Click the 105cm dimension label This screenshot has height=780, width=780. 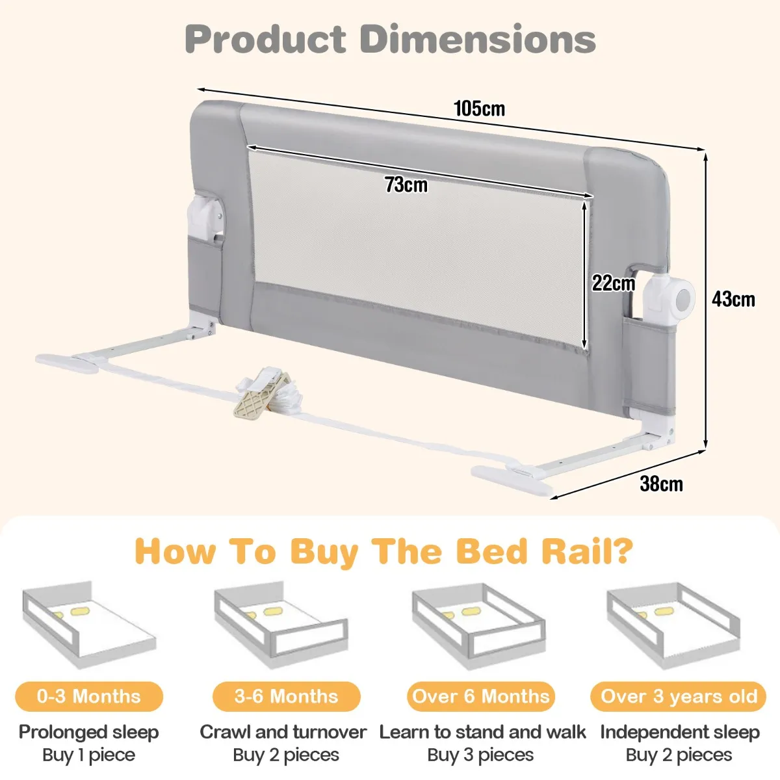coord(479,109)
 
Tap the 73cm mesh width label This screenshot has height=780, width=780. coord(406,185)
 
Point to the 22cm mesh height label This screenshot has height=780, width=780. coord(613,283)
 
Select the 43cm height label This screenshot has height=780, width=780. coord(733,300)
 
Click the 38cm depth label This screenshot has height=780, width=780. coord(661,484)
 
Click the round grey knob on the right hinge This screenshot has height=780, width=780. coord(684,300)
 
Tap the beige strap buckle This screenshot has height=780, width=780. coord(261,395)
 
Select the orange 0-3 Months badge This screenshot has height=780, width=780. coord(89,697)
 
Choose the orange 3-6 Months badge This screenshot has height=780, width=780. coord(286,697)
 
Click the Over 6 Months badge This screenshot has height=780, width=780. coord(480,697)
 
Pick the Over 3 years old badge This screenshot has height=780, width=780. coord(679,697)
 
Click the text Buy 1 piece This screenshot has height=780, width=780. coord(88,755)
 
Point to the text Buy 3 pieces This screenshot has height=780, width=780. coord(480,755)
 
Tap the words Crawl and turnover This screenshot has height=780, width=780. coord(283,732)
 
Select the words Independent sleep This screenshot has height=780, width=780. coord(680,733)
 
